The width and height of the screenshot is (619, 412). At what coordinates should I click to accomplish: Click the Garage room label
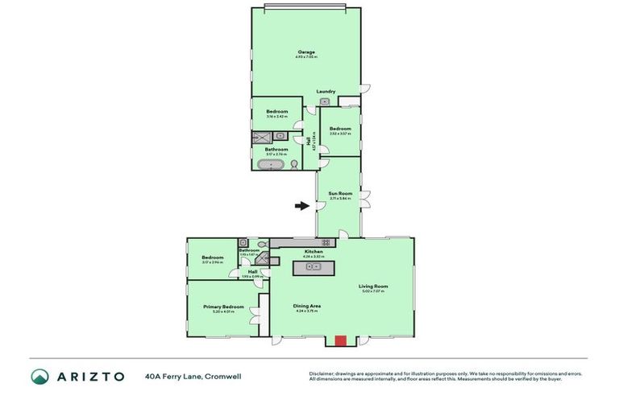click(x=305, y=52)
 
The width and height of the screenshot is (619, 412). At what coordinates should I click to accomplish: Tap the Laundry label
click(x=326, y=92)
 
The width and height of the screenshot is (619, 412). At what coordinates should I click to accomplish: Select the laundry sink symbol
click(x=326, y=101)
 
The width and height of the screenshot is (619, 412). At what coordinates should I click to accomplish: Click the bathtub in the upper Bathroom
click(x=270, y=165)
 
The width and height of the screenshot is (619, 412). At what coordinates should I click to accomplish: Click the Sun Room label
click(x=340, y=193)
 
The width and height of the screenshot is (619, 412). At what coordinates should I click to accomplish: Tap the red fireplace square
click(x=340, y=340)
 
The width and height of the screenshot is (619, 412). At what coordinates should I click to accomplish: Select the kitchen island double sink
click(x=314, y=266)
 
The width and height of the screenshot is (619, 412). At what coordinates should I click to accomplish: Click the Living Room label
click(x=373, y=286)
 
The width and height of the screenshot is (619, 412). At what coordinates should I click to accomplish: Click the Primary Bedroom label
click(x=223, y=307)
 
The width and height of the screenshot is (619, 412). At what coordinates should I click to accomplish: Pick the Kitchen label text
click(x=313, y=252)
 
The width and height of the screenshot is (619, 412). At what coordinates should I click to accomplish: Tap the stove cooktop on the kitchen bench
click(x=326, y=242)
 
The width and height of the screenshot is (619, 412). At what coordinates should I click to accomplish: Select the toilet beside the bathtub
click(x=294, y=164)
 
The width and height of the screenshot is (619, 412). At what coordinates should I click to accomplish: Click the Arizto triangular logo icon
click(x=39, y=376)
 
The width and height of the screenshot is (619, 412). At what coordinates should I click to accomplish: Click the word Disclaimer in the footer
click(x=322, y=373)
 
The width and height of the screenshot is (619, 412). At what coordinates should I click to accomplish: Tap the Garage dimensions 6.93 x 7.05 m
click(x=305, y=57)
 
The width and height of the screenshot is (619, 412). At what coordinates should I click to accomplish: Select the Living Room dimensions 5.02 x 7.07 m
click(x=373, y=290)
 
